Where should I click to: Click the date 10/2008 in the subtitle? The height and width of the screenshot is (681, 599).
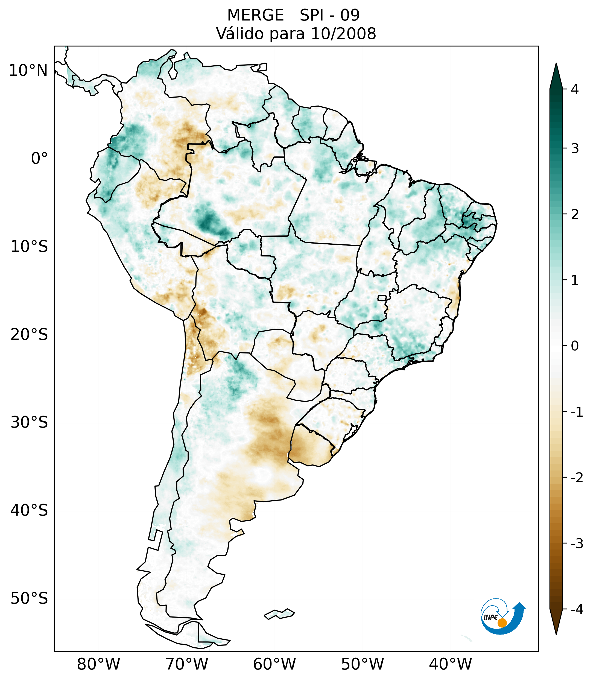pos(343,34)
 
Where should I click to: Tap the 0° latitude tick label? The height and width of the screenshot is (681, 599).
pos(39,159)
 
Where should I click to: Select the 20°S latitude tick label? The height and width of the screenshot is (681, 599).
pos(29,335)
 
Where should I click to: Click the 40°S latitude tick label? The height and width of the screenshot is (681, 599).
pos(29,510)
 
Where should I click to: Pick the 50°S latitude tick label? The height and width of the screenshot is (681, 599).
pos(29,599)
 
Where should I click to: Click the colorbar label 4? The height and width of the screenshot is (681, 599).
pos(575,89)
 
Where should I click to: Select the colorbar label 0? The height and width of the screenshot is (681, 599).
pos(575,346)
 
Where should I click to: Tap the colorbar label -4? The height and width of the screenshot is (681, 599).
pos(577,610)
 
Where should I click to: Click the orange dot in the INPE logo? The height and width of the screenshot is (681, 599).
pos(502,623)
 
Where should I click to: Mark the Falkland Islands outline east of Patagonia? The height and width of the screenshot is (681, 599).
pos(279,614)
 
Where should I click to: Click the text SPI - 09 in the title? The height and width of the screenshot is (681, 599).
pos(329,15)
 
